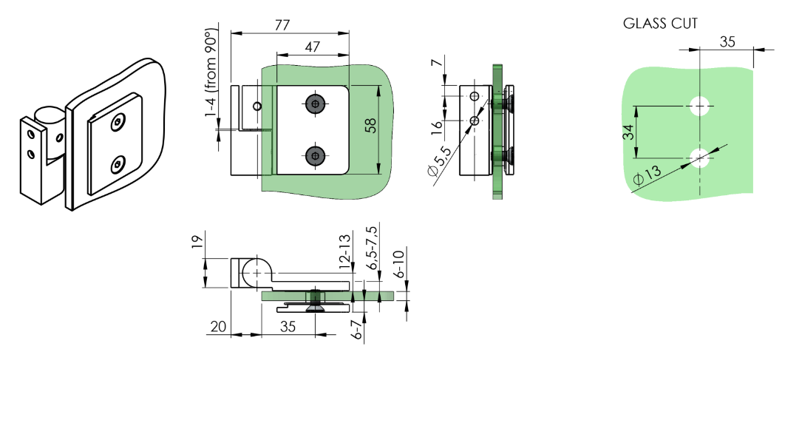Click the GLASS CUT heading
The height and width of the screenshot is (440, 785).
click(660, 24)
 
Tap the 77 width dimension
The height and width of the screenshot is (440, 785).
click(282, 24)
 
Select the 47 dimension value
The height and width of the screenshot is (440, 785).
click(312, 47)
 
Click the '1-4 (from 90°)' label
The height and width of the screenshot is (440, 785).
click(212, 74)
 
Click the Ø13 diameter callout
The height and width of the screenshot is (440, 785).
click(648, 175)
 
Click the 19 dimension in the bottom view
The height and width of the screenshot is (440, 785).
click(197, 243)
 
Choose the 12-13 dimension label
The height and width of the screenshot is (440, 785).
click(344, 251)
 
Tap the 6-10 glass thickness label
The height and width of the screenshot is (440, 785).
click(399, 264)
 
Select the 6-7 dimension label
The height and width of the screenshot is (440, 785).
click(356, 330)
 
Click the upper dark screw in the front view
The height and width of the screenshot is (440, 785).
click(316, 105)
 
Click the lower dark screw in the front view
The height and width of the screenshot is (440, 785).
click(316, 155)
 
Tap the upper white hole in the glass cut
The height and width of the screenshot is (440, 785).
click(699, 106)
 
